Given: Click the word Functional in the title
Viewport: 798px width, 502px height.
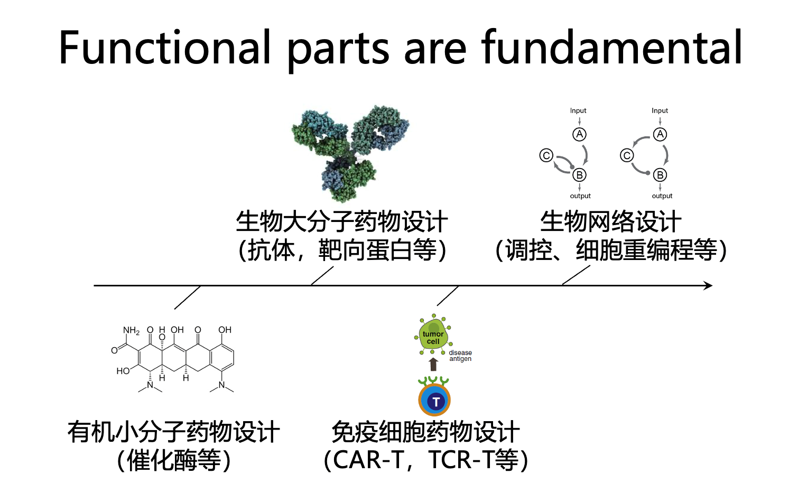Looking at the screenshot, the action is click(165, 47).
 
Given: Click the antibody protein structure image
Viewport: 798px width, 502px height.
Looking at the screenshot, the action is click(350, 153).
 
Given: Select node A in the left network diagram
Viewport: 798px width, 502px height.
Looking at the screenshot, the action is click(580, 134).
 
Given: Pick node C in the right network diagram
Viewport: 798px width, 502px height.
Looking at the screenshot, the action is click(627, 155).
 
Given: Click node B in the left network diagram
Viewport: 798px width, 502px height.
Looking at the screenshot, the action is click(580, 175).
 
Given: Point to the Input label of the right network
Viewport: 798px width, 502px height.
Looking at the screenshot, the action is click(660, 111).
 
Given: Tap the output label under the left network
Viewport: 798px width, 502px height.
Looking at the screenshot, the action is click(580, 196).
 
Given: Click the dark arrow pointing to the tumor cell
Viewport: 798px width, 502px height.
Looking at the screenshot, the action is click(433, 365).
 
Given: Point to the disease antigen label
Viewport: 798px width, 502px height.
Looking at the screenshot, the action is click(460, 356).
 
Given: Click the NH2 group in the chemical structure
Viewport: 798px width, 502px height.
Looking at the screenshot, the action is click(131, 331).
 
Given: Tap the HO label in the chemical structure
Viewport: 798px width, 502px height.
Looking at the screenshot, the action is click(123, 371).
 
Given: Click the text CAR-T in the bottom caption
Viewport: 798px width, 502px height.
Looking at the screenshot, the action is click(369, 460).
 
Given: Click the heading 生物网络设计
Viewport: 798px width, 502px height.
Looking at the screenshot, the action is click(610, 222).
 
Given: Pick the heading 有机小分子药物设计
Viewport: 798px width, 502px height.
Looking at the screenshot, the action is click(174, 432).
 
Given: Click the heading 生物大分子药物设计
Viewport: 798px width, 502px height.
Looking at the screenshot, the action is click(341, 222).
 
